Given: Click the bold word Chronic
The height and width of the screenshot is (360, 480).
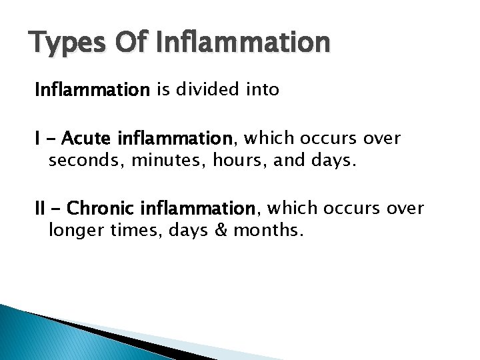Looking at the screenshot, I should coord(103,209).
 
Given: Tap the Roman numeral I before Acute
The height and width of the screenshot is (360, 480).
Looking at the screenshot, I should coord(38,139).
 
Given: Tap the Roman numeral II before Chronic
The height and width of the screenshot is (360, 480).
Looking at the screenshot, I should coord(41,209).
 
